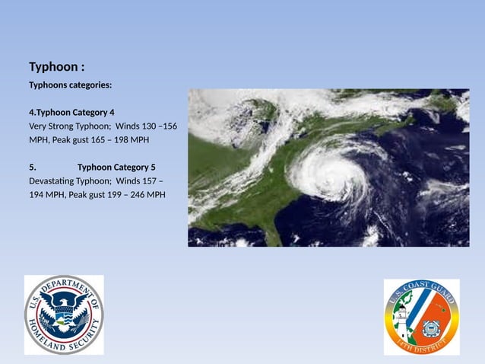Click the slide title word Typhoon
coord(53,68)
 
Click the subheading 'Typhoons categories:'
coord(70,85)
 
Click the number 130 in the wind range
coord(149,126)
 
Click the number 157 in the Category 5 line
coord(149,180)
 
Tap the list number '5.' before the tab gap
coord(33,167)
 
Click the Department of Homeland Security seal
coord(64,315)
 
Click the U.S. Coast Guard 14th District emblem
coord(421,317)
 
